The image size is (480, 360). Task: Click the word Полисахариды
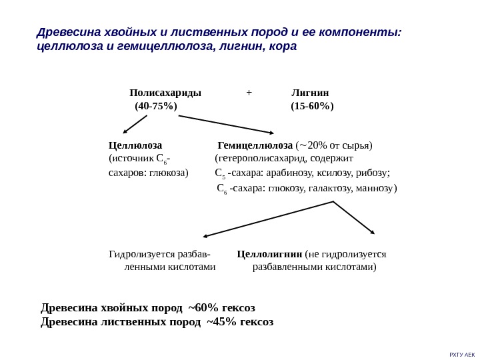click(x=165, y=93)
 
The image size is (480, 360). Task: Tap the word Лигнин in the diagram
click(x=311, y=93)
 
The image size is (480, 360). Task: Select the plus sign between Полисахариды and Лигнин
click(x=249, y=93)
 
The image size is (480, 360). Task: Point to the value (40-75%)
click(x=156, y=106)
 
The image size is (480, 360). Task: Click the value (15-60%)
click(x=312, y=106)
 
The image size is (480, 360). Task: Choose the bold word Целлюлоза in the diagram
click(x=135, y=145)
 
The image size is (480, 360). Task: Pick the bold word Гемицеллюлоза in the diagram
click(x=255, y=145)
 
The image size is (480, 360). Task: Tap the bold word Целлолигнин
click(x=269, y=254)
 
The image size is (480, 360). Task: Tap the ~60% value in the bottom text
click(x=203, y=307)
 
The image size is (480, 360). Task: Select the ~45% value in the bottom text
click(x=221, y=321)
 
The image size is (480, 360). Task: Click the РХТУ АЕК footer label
click(x=462, y=354)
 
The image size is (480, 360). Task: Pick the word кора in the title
click(x=283, y=47)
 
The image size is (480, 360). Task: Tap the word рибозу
click(x=373, y=173)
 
